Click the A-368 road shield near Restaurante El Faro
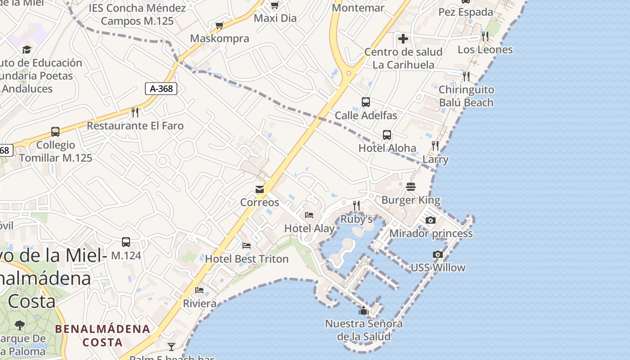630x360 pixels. [161, 89]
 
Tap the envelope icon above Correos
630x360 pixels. [260, 189]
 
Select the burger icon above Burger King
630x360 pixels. [410, 186]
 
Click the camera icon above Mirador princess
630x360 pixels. [431, 220]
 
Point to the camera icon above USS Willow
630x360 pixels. [437, 254]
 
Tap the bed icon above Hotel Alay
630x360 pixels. [309, 215]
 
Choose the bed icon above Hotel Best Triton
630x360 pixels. [247, 245]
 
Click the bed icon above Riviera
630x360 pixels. [199, 290]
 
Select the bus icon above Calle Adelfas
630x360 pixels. [366, 102]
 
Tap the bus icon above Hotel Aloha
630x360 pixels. [387, 135]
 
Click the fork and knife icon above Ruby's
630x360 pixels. [356, 206]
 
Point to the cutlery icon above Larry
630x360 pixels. [435, 145]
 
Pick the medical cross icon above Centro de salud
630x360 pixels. [403, 38]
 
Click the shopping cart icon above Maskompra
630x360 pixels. [219, 25]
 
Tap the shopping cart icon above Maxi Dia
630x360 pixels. [274, 5]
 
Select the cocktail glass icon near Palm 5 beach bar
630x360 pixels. [171, 346]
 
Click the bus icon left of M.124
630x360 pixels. [126, 242]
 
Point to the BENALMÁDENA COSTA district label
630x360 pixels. [103, 335]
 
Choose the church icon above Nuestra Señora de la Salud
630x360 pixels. [364, 310]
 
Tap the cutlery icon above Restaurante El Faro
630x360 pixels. [135, 112]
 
